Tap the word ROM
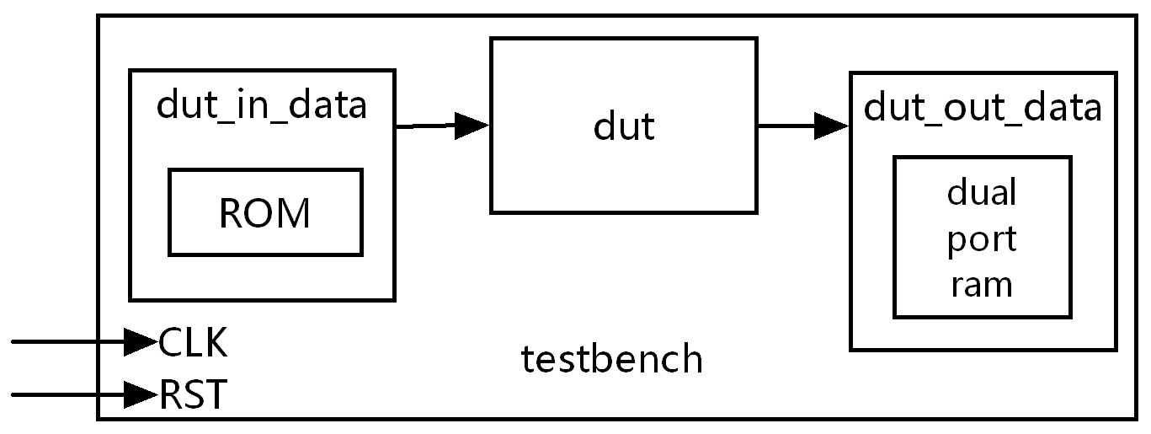point(264,213)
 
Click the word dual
point(982,191)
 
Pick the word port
point(982,240)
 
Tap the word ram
point(982,286)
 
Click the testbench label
point(611,358)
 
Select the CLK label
point(193,342)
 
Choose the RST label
point(193,394)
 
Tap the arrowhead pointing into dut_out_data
point(832,126)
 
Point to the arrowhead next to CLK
point(141,341)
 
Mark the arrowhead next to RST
point(141,395)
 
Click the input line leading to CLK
point(68,341)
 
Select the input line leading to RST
point(68,395)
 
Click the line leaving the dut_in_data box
point(425,126)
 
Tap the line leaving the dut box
point(786,126)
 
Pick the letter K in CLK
point(216,342)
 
